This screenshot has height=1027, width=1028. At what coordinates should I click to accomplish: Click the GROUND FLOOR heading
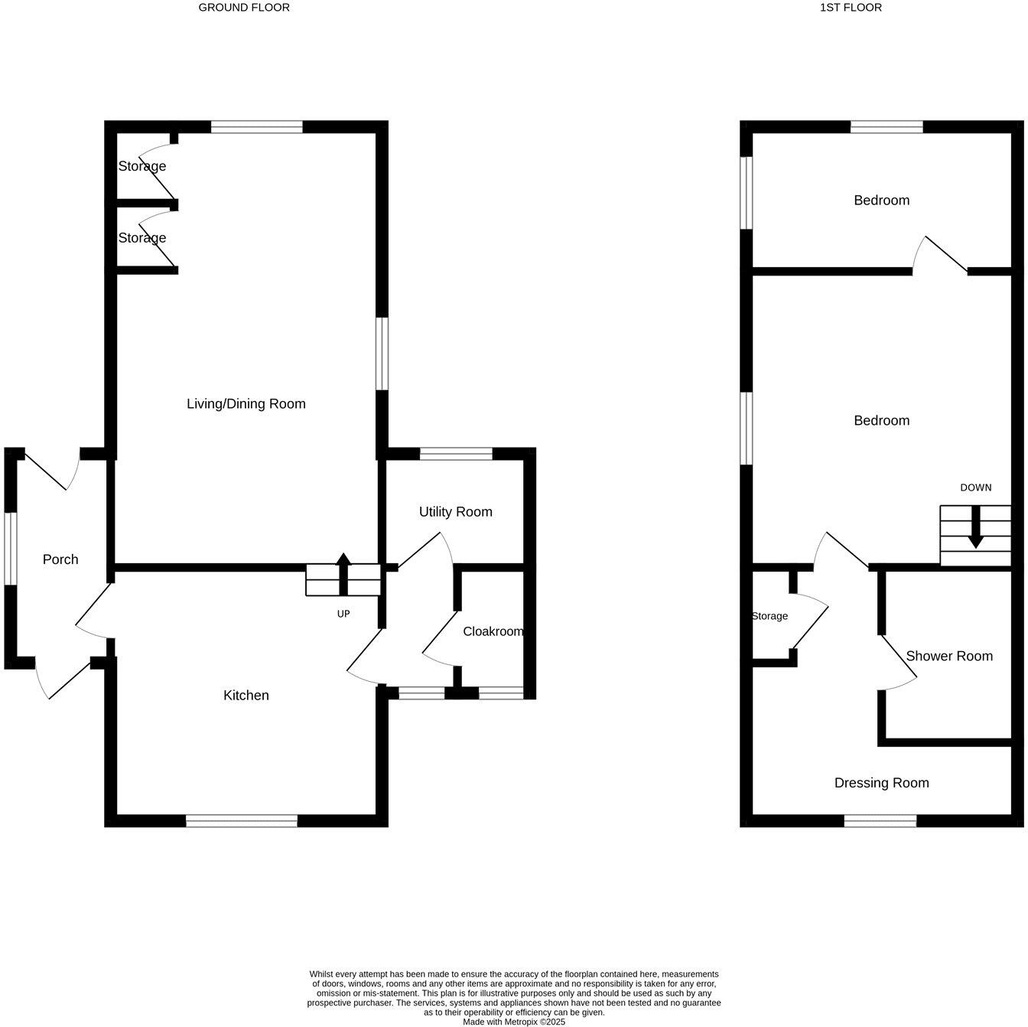point(244,8)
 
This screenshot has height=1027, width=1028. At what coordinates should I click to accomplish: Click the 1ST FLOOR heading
point(841,8)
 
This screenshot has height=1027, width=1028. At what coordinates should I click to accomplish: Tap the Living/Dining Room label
point(246,404)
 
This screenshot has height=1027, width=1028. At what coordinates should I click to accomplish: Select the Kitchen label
point(246,696)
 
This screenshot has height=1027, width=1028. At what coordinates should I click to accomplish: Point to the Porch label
point(60,559)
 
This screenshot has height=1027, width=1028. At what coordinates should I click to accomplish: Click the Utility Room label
point(455,512)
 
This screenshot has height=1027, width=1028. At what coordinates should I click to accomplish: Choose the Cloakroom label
point(493,632)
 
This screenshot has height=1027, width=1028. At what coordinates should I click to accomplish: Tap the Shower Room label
point(948,656)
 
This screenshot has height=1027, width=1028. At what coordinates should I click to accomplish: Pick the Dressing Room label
point(881,783)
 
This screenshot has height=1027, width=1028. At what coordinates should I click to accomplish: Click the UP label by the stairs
point(343,614)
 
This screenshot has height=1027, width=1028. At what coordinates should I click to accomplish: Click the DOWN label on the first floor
point(975,487)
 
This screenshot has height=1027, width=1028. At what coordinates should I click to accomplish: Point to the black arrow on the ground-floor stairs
point(343,573)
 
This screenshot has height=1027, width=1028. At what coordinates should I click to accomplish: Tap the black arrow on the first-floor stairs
point(975,533)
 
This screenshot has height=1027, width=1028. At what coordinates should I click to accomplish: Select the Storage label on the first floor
point(769,616)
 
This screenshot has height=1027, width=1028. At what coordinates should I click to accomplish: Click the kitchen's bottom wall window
point(242,821)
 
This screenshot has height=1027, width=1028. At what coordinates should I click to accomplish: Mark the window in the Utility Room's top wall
point(456,454)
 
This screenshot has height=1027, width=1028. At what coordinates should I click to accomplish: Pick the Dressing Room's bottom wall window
point(880,821)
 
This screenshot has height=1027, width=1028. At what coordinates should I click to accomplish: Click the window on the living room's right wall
point(382,354)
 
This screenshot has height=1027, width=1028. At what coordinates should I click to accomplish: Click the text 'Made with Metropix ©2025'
point(513,1022)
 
